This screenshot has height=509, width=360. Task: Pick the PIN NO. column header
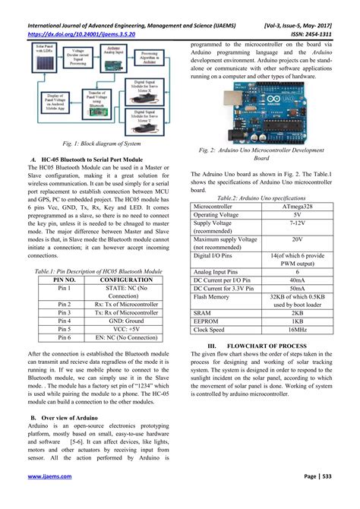tap(63, 280)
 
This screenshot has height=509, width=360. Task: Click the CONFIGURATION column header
tap(125, 280)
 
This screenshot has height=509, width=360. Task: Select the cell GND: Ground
tap(125, 321)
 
